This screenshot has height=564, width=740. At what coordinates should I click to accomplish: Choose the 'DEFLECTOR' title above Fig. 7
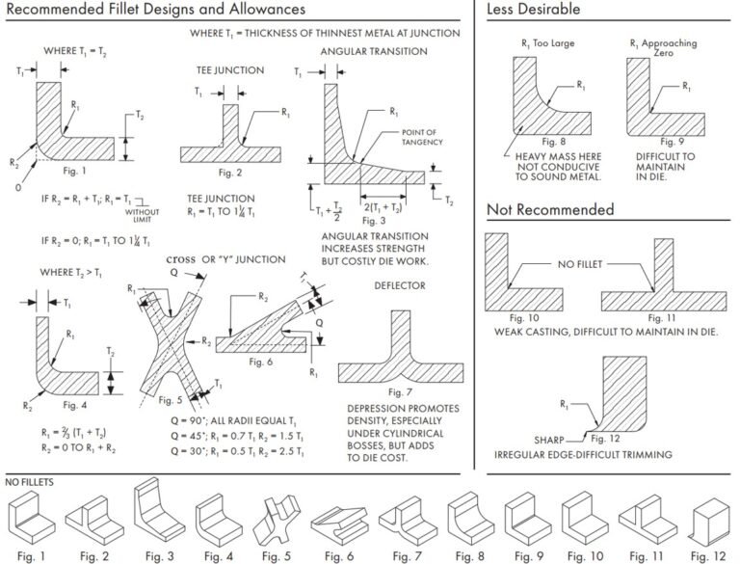pos(398,285)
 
